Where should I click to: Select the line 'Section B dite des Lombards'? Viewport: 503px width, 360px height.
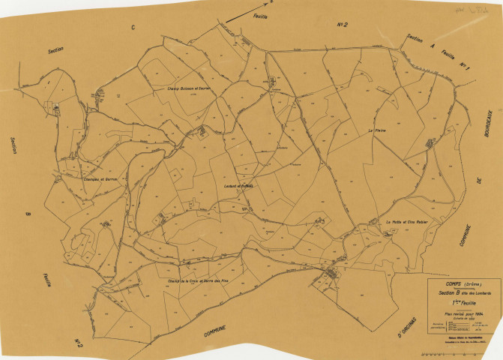456,291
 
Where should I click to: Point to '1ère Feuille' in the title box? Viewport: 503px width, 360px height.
455,298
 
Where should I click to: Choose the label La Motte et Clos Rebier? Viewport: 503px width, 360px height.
406,222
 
